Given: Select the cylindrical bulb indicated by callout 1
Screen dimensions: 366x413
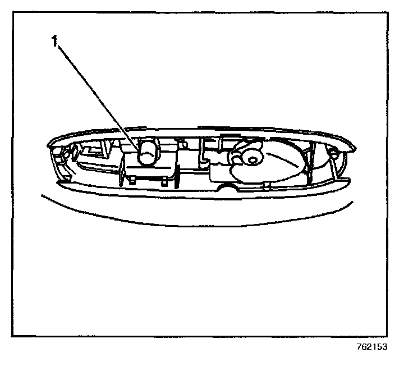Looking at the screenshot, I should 148,153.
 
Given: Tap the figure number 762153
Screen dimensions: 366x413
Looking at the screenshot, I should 371,346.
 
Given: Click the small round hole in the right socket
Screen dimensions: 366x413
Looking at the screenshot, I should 252,160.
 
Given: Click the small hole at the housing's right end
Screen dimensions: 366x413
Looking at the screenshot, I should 332,152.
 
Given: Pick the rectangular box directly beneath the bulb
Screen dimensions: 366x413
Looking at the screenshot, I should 149,171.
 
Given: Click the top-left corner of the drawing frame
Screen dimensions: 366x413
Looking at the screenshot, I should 12,12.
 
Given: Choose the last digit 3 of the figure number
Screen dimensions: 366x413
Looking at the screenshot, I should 386,346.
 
